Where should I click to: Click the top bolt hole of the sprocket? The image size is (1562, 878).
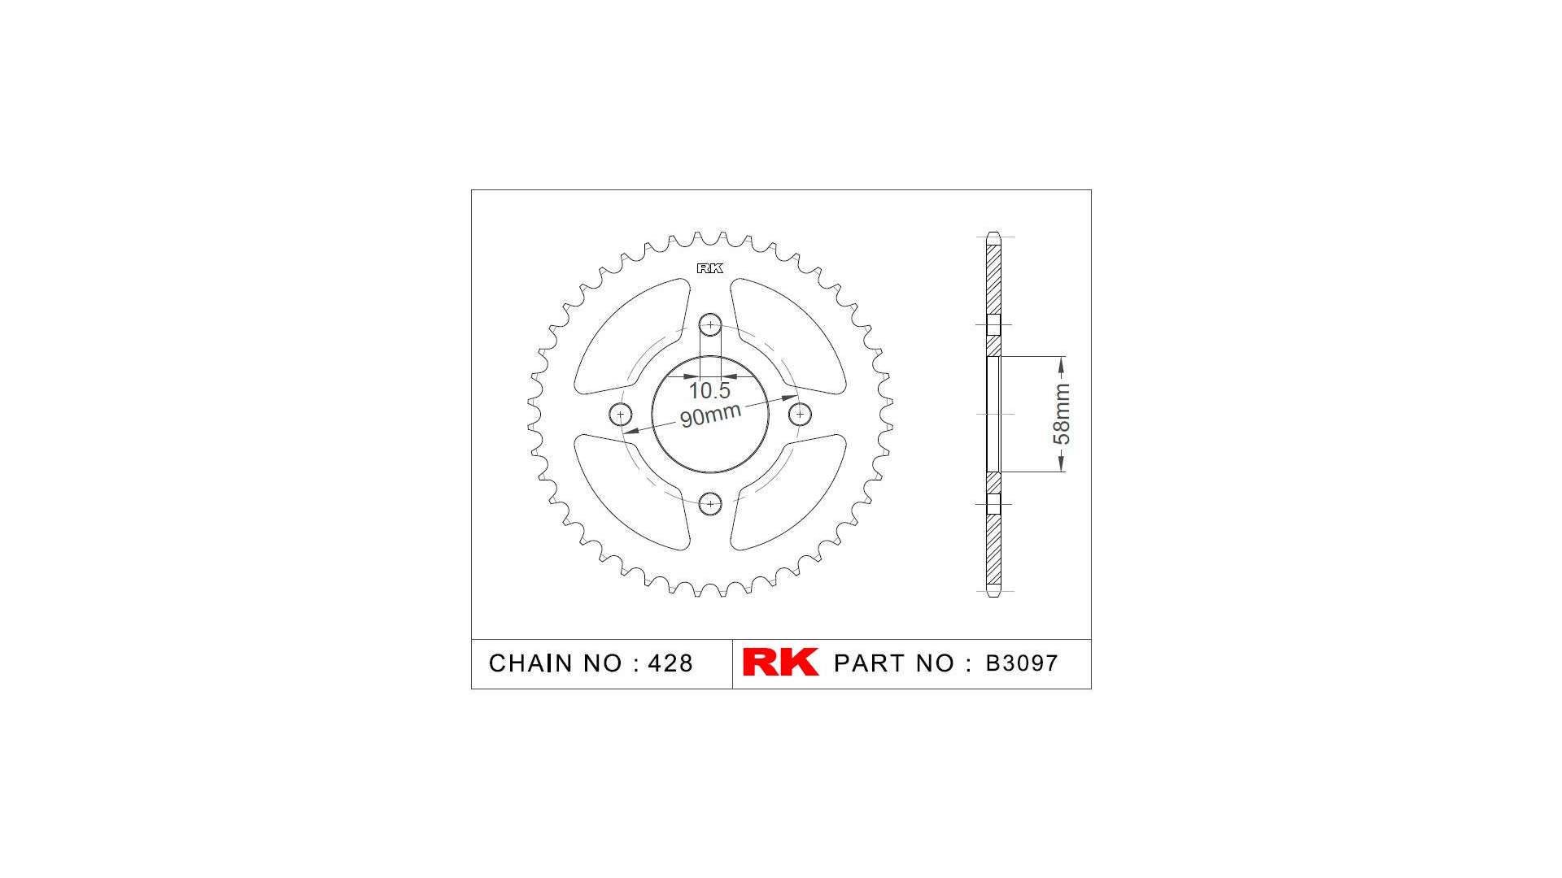coord(710,325)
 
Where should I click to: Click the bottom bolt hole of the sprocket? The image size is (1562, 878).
coord(710,504)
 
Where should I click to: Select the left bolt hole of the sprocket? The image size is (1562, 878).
coord(621,415)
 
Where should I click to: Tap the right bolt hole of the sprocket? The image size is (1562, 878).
coord(801,415)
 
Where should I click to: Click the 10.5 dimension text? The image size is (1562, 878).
coord(709,391)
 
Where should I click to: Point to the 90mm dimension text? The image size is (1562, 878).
coord(710,415)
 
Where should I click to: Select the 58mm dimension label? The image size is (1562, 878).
coord(1062,415)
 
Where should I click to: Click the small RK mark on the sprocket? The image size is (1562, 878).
coord(709,268)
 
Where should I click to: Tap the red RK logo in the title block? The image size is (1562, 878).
coord(780,663)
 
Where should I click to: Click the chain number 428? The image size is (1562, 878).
coord(670,663)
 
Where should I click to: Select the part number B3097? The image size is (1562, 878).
coord(1022,663)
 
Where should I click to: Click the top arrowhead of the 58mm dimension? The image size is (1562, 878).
coord(1061,363)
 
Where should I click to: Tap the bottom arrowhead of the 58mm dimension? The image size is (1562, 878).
coord(1061,465)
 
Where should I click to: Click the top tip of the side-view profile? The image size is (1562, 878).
coord(993,234)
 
